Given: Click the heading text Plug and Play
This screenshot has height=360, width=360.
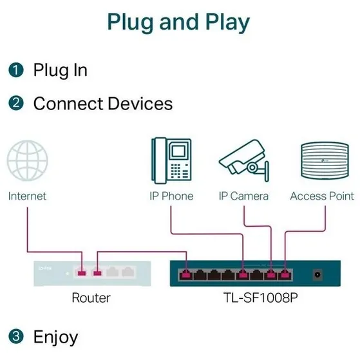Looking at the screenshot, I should (x=178, y=22).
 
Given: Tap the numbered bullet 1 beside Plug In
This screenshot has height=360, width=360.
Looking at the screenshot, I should (x=16, y=70).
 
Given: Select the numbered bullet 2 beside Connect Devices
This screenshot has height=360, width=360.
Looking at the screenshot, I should (x=16, y=104).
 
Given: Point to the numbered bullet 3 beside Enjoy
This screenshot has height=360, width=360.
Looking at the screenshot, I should (x=16, y=336).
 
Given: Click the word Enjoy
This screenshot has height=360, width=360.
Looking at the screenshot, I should (x=55, y=336).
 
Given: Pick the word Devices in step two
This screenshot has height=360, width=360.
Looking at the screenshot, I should (x=139, y=104).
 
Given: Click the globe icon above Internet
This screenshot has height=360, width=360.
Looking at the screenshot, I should (x=27, y=162).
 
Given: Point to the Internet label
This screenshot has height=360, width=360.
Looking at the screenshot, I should (x=27, y=196).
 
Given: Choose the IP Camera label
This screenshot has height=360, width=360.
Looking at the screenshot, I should (x=243, y=196).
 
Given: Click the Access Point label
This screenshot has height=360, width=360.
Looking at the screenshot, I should (x=322, y=196).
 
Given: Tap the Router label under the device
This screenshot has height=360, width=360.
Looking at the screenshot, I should (x=90, y=298).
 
